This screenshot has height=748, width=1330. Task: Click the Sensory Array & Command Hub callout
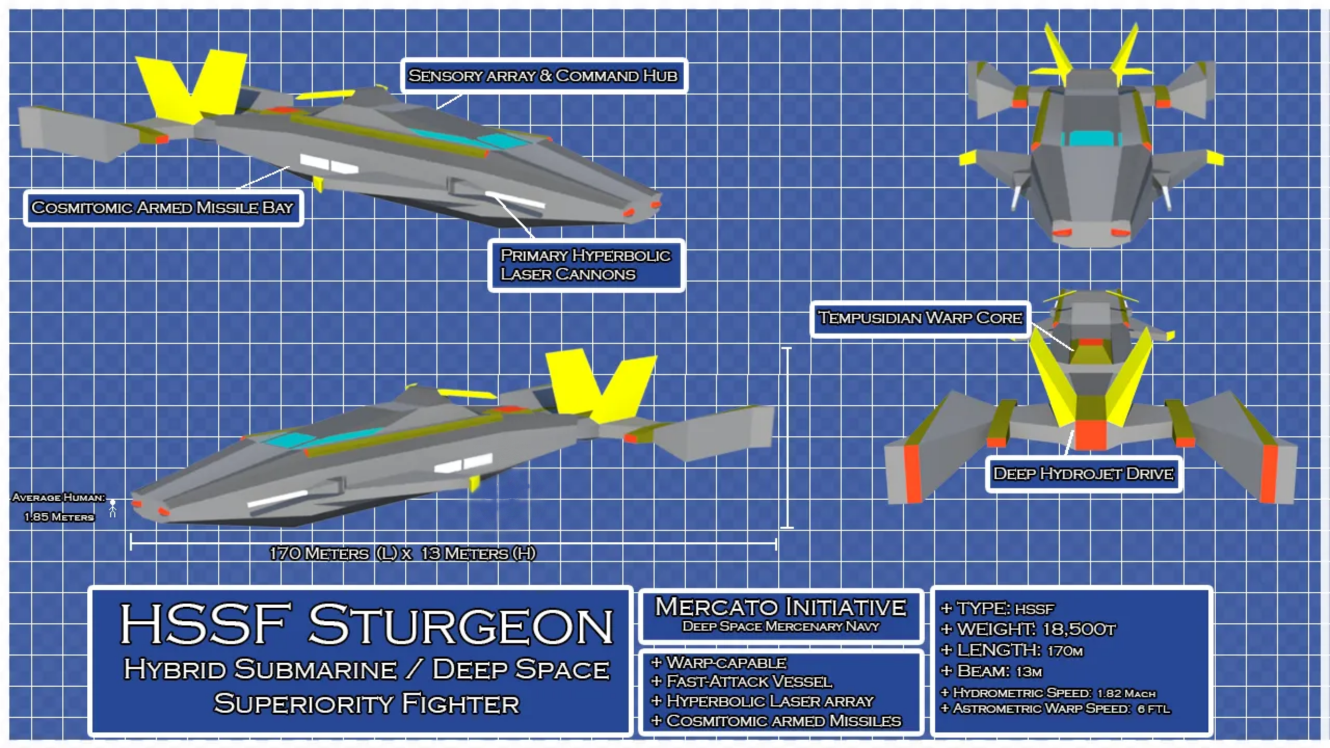click(x=543, y=76)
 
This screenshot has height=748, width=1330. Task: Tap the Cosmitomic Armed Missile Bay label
click(x=163, y=208)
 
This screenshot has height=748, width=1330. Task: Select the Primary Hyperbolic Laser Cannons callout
click(x=586, y=265)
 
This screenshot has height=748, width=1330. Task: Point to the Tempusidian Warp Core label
click(x=920, y=318)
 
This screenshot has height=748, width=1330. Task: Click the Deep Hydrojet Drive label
click(x=1083, y=474)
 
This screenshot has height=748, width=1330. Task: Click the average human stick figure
click(x=113, y=508)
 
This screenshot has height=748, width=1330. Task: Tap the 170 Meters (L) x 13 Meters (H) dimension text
click(x=402, y=554)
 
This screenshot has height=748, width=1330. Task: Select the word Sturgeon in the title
click(x=461, y=625)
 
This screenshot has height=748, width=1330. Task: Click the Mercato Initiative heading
click(x=780, y=607)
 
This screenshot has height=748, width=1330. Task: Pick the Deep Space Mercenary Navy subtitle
click(x=780, y=626)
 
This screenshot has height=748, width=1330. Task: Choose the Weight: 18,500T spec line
click(x=1029, y=630)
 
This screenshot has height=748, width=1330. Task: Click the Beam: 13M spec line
click(x=992, y=672)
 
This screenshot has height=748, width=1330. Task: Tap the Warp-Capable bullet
click(x=720, y=663)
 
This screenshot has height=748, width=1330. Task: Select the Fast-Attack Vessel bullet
click(x=743, y=682)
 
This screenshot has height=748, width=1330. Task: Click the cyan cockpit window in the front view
click(x=1090, y=138)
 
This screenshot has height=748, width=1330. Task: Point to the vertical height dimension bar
click(x=787, y=437)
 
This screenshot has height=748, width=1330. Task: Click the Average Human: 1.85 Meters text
click(x=59, y=507)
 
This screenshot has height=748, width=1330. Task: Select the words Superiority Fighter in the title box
click(x=366, y=704)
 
